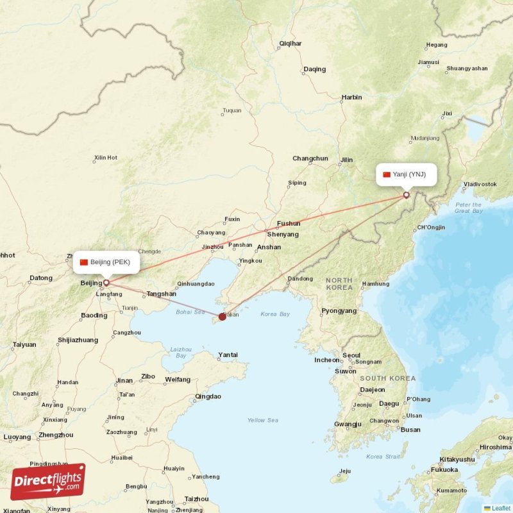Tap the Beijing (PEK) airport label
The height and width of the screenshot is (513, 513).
106,262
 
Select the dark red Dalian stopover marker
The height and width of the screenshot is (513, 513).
223,316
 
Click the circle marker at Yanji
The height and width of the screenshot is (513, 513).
406,195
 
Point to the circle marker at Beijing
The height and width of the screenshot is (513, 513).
106,282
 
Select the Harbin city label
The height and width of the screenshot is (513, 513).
351,97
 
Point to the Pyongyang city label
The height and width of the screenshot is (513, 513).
339,311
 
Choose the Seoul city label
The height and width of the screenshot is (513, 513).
351,355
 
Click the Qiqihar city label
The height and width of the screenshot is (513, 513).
290,44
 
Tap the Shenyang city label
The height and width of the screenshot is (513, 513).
283,235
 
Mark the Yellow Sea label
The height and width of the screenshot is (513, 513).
263,420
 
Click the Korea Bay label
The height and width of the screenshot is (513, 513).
276,314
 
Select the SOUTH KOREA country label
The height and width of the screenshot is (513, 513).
382,378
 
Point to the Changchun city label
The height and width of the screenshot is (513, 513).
310,158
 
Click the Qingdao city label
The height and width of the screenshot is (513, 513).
208,396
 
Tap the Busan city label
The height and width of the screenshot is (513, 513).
410,430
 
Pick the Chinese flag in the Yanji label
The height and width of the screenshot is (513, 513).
387,174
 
